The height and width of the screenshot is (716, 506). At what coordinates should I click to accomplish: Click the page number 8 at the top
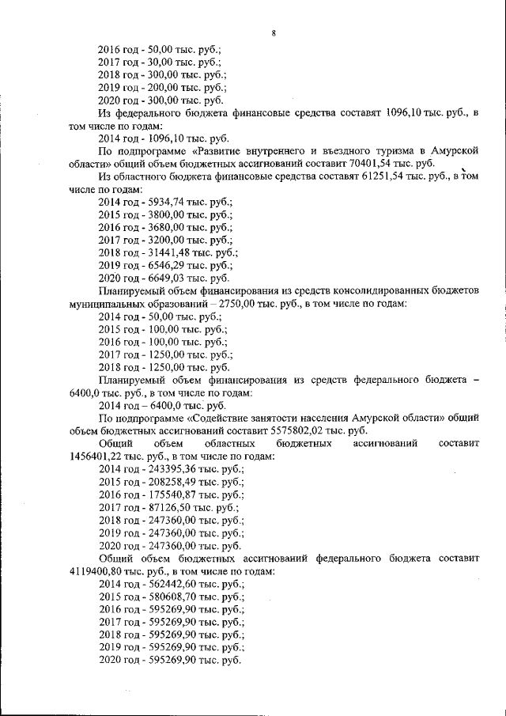point(273,32)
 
